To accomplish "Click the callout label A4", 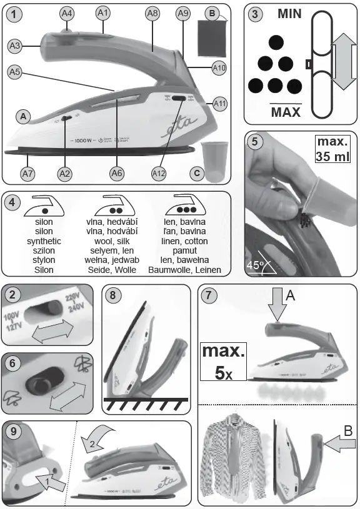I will (67, 12).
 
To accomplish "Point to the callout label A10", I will (219, 68).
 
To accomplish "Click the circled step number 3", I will (254, 16).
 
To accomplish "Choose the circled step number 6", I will (13, 363).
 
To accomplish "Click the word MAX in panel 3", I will (286, 112).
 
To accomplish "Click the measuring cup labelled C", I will (213, 161).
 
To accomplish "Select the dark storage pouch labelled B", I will (212, 37).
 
